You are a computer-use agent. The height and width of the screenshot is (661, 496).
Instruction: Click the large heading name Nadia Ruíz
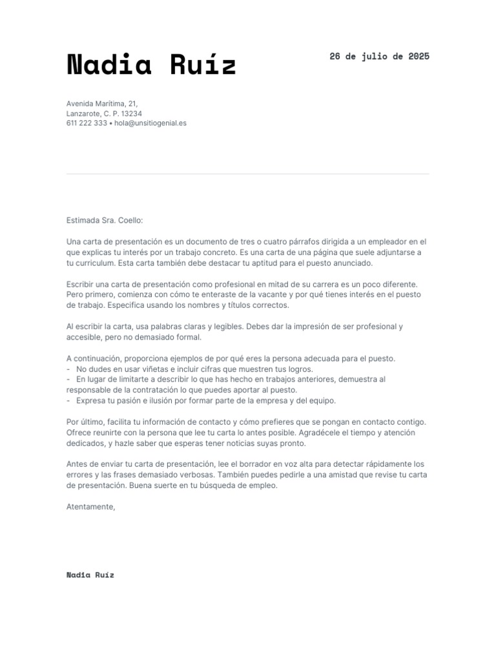[x=151, y=65]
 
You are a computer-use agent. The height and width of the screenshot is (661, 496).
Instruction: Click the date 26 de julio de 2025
[x=379, y=56]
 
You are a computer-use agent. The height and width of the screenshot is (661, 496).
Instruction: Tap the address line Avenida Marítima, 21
[x=102, y=103]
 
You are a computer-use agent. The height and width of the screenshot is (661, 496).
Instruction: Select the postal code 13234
[x=131, y=113]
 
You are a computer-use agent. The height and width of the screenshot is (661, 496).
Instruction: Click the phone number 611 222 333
[x=87, y=123]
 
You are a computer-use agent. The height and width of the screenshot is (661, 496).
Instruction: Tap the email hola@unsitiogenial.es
[x=150, y=123]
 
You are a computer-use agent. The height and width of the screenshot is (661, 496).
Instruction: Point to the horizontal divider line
[x=248, y=174]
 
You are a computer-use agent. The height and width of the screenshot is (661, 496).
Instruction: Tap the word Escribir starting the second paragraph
[x=81, y=284]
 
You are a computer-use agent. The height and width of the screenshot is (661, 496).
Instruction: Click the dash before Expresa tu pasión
[x=68, y=400]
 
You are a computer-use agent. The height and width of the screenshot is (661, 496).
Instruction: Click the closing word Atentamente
[x=90, y=507]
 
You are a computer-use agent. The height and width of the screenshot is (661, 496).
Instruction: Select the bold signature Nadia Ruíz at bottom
[x=90, y=575]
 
